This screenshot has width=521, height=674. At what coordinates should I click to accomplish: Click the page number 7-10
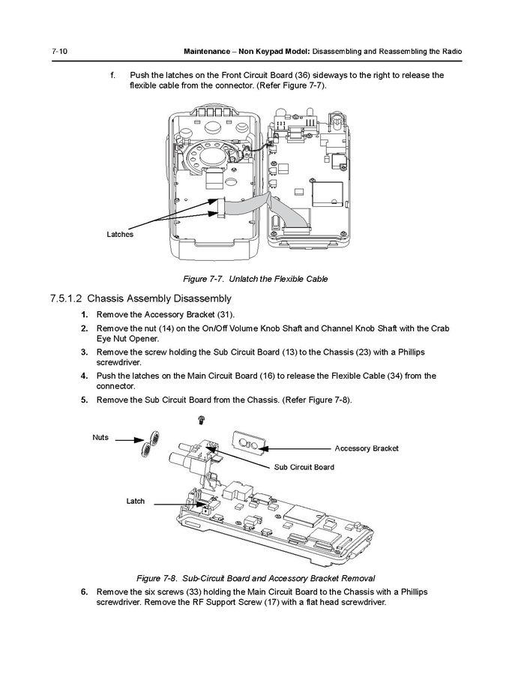tap(60, 51)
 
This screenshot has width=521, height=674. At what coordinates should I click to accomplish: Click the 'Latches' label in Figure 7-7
tap(120, 235)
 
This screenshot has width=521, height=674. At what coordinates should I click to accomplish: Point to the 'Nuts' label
tap(100, 437)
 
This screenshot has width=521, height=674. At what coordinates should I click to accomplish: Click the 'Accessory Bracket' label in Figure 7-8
tap(366, 448)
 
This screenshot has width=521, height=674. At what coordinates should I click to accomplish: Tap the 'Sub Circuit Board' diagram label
tap(304, 467)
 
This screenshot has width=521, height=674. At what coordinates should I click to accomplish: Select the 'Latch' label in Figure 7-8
tap(135, 501)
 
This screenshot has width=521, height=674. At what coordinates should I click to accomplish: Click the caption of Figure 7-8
tap(255, 578)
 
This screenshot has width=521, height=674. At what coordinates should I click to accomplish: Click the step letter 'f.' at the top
tap(113, 75)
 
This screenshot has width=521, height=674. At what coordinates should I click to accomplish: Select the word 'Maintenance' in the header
tap(212, 51)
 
